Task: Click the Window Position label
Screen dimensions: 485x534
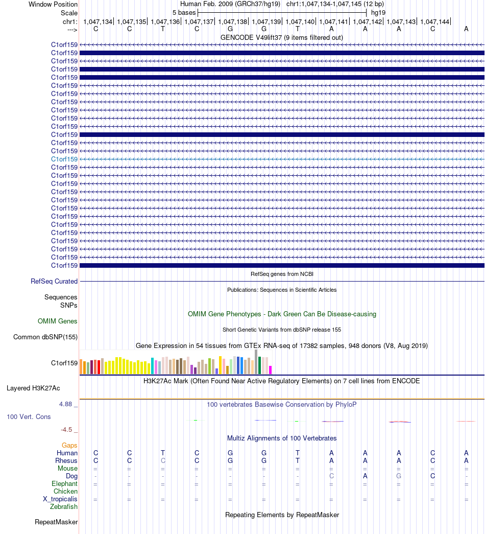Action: [53, 5]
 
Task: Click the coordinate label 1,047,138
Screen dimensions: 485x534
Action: [233, 22]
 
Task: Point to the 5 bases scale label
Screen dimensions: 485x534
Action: [184, 13]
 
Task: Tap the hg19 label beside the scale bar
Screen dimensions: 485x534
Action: [378, 13]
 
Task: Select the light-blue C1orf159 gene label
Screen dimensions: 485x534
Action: [64, 159]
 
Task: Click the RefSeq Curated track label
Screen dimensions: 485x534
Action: [54, 281]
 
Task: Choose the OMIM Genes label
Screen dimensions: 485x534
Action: [58, 321]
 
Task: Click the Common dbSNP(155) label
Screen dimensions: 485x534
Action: [45, 337]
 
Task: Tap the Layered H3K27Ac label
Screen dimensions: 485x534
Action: [33, 388]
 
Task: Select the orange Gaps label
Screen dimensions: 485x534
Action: [69, 446]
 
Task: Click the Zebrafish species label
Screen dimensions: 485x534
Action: [64, 507]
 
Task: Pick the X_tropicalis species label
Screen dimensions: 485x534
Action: [60, 499]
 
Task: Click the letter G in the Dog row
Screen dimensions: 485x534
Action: [399, 476]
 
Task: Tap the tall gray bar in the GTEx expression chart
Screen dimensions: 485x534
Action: [256, 362]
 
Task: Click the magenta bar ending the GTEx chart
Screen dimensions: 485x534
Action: [270, 370]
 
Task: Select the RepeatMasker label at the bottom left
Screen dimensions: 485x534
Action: [56, 522]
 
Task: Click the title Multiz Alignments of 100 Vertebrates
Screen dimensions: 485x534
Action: [282, 438]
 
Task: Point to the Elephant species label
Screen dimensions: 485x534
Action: [65, 484]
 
